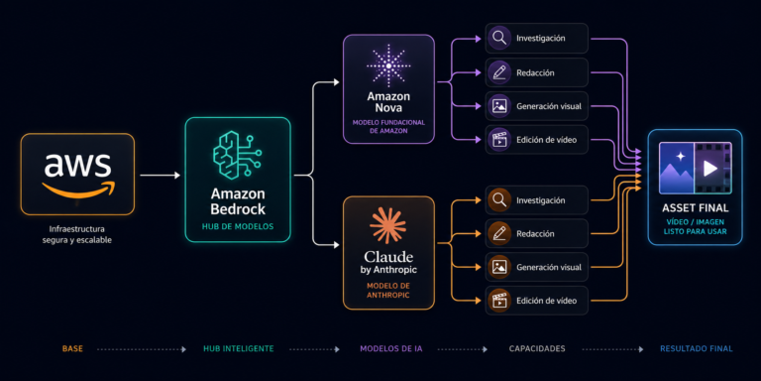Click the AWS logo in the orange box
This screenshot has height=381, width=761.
pyautogui.click(x=77, y=174)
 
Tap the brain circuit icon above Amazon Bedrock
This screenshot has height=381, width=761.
pyautogui.click(x=238, y=155)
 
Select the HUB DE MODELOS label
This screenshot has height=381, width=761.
pyautogui.click(x=238, y=226)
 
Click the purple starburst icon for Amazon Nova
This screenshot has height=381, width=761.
pyautogui.click(x=388, y=65)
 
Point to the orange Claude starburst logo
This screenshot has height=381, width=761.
pyautogui.click(x=387, y=225)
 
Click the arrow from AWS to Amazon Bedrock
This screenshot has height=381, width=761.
pyautogui.click(x=160, y=175)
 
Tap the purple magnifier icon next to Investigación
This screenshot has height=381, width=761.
pyautogui.click(x=499, y=39)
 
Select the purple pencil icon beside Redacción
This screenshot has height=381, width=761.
pyautogui.click(x=499, y=72)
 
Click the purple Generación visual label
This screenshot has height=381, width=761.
pyautogui.click(x=549, y=106)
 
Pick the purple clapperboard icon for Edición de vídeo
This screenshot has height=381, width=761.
pyautogui.click(x=499, y=140)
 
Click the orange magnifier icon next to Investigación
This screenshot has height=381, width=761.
pyautogui.click(x=499, y=200)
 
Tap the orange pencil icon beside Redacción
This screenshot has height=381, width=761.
pyautogui.click(x=499, y=234)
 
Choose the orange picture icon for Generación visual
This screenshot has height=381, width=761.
pyautogui.click(x=499, y=267)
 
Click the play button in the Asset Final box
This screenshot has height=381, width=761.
pyautogui.click(x=710, y=169)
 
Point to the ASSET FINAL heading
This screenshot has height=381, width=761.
pyautogui.click(x=695, y=208)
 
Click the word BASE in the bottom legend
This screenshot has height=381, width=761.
pyautogui.click(x=72, y=349)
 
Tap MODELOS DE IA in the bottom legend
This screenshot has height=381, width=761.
pyautogui.click(x=391, y=349)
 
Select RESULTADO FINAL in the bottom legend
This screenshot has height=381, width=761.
pyautogui.click(x=696, y=349)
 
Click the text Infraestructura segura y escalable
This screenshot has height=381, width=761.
pyautogui.click(x=77, y=234)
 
